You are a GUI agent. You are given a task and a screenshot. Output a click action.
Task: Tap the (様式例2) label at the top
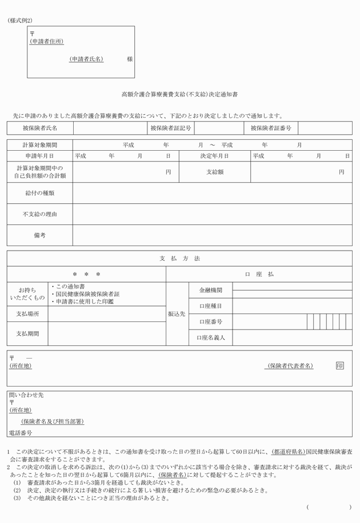click(20, 21)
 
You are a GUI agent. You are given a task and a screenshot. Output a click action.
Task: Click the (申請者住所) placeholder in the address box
click(46, 42)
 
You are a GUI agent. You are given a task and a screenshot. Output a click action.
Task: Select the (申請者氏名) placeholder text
click(86, 59)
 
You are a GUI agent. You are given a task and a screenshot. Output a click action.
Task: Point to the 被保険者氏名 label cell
click(39, 128)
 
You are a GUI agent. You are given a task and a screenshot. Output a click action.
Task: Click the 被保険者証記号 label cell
click(170, 128)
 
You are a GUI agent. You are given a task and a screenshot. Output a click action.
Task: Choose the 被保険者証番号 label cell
click(270, 128)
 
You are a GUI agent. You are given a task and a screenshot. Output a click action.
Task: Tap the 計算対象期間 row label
click(39, 145)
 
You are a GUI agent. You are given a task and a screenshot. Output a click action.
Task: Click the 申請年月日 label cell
click(39, 155)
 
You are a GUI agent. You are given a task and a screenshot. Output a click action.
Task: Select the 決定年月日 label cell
click(214, 155)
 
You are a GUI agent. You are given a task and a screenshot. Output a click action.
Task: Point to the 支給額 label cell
click(214, 172)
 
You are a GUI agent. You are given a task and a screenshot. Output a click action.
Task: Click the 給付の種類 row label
click(39, 193)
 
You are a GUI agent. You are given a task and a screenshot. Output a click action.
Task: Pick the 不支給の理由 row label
click(39, 214)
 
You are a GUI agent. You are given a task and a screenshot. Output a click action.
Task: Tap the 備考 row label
click(39, 235)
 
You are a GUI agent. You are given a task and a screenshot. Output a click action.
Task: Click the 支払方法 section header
click(179, 259)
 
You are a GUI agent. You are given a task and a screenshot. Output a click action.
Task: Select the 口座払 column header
click(259, 275)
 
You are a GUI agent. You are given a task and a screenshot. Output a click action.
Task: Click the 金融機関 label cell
click(210, 291)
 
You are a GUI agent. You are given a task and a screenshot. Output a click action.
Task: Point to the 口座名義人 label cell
click(210, 338)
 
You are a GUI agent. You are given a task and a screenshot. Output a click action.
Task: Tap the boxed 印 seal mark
click(340, 365)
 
